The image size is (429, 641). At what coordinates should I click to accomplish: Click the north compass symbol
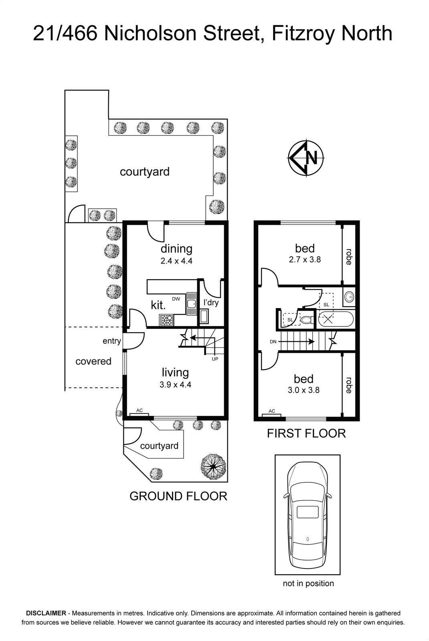pos(306,158)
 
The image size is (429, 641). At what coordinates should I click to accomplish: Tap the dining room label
pos(176,248)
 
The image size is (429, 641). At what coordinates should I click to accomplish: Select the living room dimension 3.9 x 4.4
pos(175,384)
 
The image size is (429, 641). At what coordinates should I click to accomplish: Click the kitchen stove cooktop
pos(166,320)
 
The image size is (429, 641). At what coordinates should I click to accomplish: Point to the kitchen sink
pos(191,304)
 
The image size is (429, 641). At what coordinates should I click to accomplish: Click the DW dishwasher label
pos(176,299)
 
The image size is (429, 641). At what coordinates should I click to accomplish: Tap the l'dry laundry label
pos(211,302)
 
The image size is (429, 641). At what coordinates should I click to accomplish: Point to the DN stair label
pos(273,341)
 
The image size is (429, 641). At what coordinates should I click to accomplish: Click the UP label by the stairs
pos(215,359)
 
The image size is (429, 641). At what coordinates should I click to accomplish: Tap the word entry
pos(112,341)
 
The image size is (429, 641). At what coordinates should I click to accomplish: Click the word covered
pos(93,361)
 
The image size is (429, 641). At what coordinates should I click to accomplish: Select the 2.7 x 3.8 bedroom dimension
pos(305,259)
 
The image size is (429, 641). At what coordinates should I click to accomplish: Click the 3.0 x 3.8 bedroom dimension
pos(304,390)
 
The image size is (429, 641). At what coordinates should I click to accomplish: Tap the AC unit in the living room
pos(139,414)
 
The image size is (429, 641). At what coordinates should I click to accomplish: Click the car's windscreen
pos(308,484)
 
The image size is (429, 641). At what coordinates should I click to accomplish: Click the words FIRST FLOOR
pos(306,433)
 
